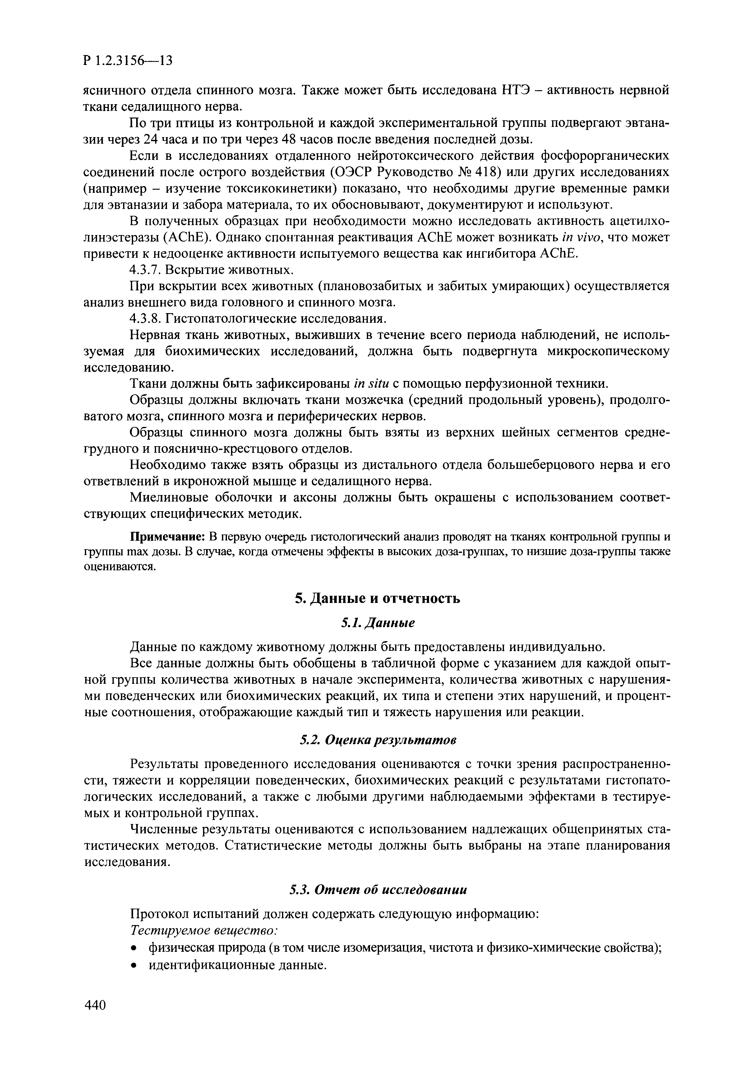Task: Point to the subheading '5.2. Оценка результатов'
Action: (377, 740)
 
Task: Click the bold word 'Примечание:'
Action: (168, 537)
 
